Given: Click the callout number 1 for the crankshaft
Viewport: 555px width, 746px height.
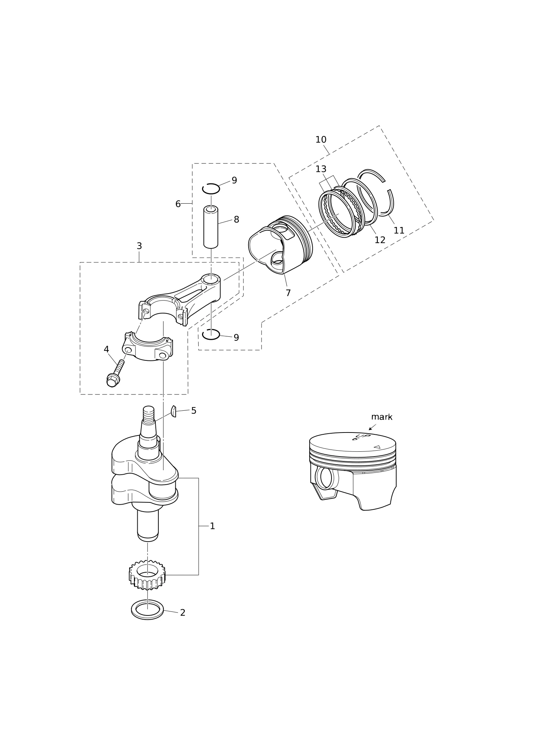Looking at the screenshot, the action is [x=212, y=526].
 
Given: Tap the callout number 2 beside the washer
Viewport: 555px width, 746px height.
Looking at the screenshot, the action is [x=182, y=613].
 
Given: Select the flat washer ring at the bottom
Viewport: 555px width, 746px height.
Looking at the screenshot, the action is [x=147, y=610].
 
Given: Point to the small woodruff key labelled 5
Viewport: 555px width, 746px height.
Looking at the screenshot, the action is [x=174, y=411].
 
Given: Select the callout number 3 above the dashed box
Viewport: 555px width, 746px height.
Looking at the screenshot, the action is [x=139, y=246].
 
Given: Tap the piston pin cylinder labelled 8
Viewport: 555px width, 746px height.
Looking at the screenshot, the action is [x=211, y=227].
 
